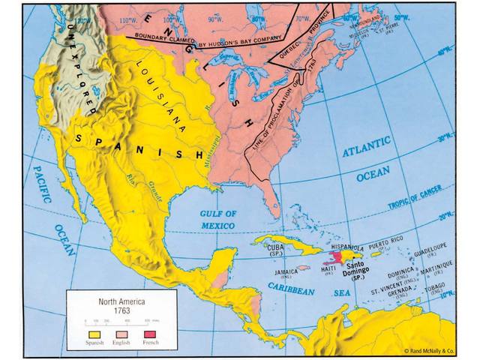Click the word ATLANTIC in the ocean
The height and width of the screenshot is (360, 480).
pos(367,151)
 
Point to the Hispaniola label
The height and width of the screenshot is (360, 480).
pos(348,247)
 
